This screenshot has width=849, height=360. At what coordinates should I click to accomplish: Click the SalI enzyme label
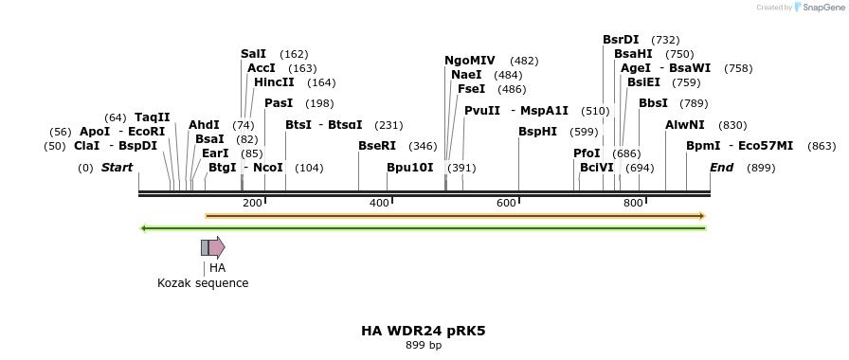pyautogui.click(x=253, y=54)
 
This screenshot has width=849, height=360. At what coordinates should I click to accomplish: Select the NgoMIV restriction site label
pyautogui.click(x=470, y=61)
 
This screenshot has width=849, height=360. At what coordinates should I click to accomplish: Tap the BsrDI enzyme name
pyautogui.click(x=622, y=40)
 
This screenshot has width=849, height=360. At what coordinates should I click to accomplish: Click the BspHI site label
pyautogui.click(x=537, y=132)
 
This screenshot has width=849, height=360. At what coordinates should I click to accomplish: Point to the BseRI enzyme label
pyautogui.click(x=377, y=146)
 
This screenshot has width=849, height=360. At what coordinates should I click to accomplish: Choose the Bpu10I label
pyautogui.click(x=410, y=168)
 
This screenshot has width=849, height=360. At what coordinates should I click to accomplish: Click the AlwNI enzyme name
pyautogui.click(x=685, y=125)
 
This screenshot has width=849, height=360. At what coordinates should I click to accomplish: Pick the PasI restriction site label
pyautogui.click(x=279, y=103)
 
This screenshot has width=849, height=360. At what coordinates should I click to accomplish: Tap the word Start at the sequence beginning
pyautogui.click(x=117, y=168)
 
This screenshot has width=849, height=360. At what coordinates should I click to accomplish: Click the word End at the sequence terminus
pyautogui.click(x=722, y=168)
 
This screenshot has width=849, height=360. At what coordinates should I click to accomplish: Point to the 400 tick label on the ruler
pyautogui.click(x=379, y=204)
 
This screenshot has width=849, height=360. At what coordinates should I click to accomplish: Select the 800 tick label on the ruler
pyautogui.click(x=633, y=204)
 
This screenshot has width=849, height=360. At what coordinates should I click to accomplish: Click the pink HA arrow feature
pyautogui.click(x=217, y=248)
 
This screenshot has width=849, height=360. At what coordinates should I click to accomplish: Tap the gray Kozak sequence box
pyautogui.click(x=205, y=248)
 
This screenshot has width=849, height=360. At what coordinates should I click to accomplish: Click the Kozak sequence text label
pyautogui.click(x=203, y=283)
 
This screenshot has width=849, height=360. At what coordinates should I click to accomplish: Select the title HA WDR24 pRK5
pyautogui.click(x=424, y=331)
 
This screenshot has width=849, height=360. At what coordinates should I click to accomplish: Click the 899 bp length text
pyautogui.click(x=424, y=345)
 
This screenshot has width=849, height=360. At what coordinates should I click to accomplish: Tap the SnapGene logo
pyautogui.click(x=819, y=7)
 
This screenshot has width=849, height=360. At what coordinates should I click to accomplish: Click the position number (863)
pyautogui.click(x=822, y=146)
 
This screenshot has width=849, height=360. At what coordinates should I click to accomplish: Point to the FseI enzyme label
pyautogui.click(x=471, y=89)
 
